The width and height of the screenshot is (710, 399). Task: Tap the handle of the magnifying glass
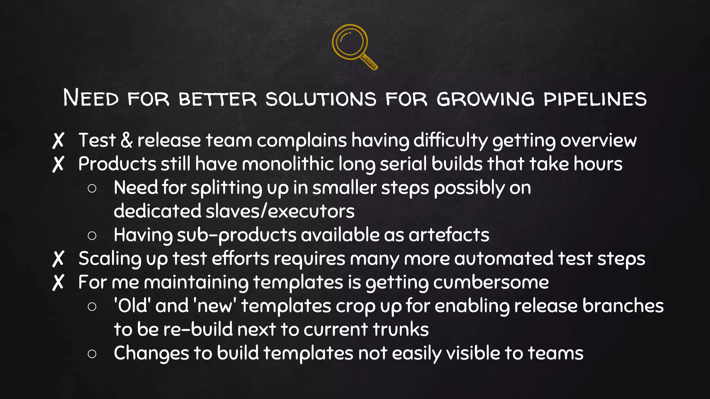pyautogui.click(x=369, y=62)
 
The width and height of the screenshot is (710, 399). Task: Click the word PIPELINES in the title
pyautogui.click(x=595, y=99)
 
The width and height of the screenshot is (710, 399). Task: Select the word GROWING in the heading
pyautogui.click(x=485, y=99)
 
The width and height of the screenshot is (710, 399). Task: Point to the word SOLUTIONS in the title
pyautogui.click(x=321, y=99)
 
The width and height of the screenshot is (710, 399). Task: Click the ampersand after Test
pyautogui.click(x=127, y=140)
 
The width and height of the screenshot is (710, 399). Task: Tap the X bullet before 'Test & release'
pyautogui.click(x=58, y=140)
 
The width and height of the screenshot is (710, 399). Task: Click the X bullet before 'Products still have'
pyautogui.click(x=58, y=164)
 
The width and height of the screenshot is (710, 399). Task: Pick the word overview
pyautogui.click(x=598, y=141)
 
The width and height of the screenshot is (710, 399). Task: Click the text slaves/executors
pyautogui.click(x=280, y=211)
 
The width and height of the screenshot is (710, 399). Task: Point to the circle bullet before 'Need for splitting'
pyautogui.click(x=92, y=188)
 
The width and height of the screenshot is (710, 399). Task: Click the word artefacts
pyautogui.click(x=449, y=235)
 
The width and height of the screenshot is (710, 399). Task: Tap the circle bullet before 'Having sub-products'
pyautogui.click(x=92, y=236)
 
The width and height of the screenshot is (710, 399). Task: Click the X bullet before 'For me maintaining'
pyautogui.click(x=58, y=282)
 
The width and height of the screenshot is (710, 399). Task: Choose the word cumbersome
pyautogui.click(x=491, y=282)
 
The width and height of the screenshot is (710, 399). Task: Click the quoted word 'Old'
pyautogui.click(x=132, y=306)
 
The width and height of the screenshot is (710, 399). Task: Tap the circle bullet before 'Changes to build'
pyautogui.click(x=92, y=354)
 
